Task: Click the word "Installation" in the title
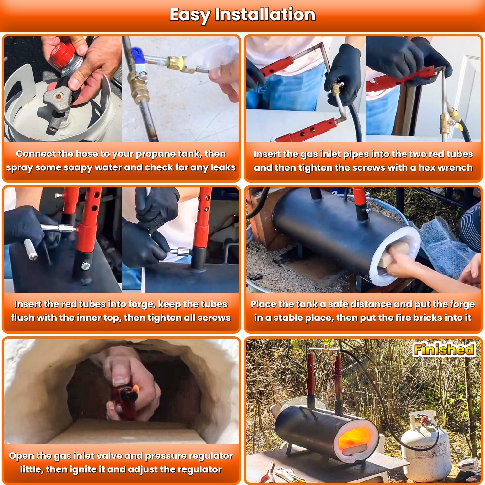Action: [265, 15]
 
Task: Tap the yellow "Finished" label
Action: [444, 350]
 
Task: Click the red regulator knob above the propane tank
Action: [61, 52]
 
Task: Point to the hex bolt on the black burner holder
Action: [85, 266]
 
